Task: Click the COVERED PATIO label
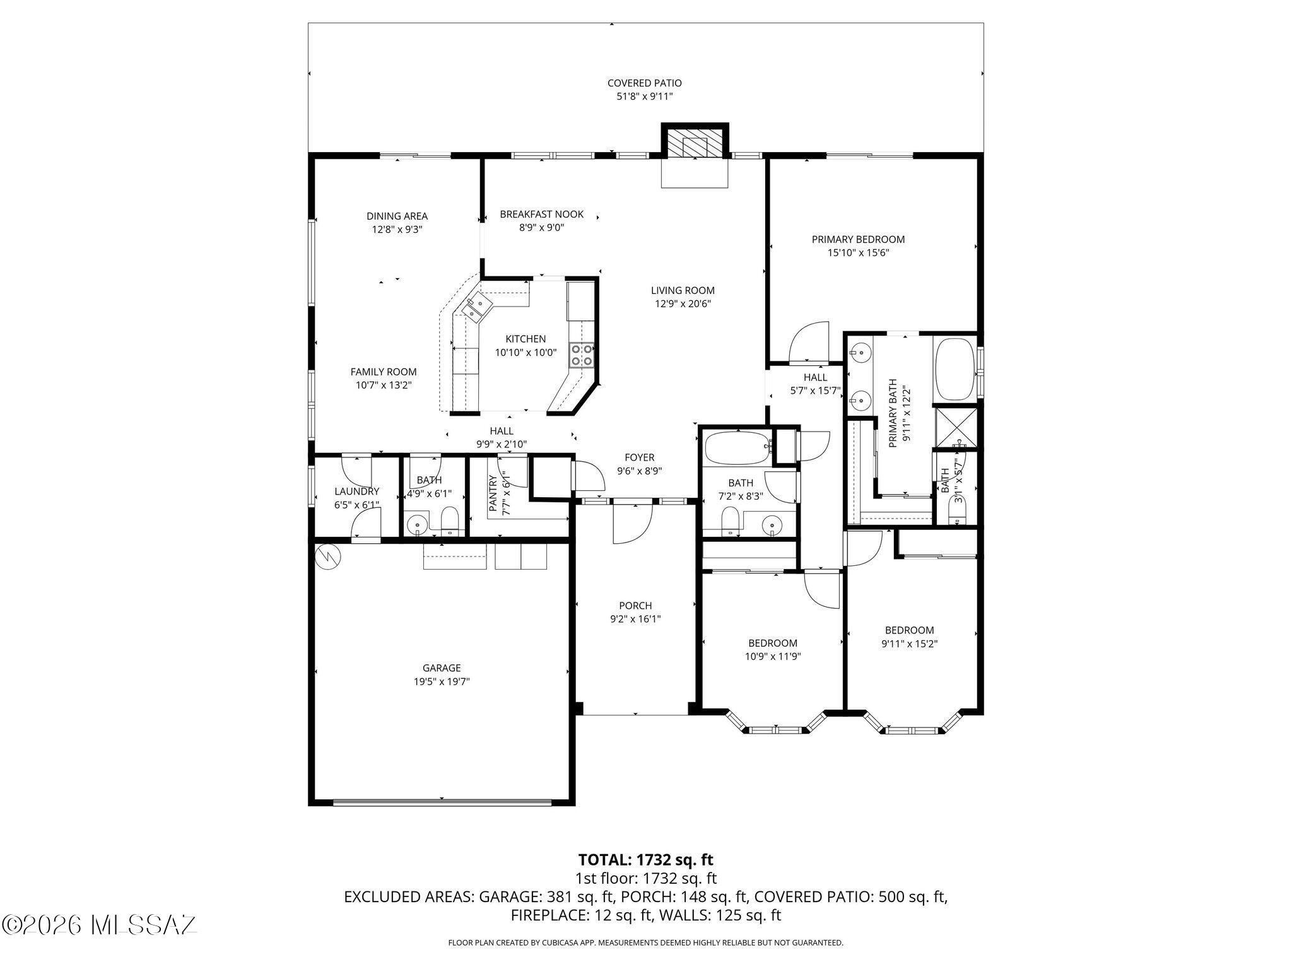pos(644,83)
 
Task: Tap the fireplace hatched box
pos(695,147)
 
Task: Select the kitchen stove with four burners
pos(581,355)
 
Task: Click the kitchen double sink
pos(474,307)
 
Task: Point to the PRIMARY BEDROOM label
pos(857,239)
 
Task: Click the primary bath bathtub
pos(954,370)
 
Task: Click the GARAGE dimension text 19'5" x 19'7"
pos(442,681)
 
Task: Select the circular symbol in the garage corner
pos(327,556)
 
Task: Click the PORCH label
pos(635,606)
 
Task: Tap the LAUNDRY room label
pos(356,491)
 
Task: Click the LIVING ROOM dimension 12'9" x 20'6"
pos(683,303)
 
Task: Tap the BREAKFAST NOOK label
pos(541,214)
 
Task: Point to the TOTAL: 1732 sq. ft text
pos(645,859)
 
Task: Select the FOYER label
pos(639,457)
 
